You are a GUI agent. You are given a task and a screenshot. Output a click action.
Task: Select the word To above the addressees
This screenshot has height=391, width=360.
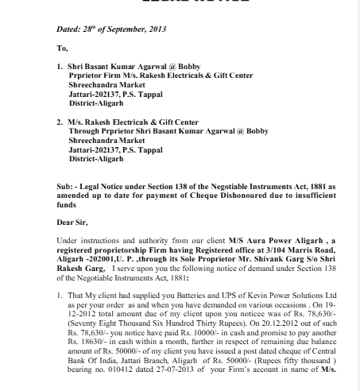(x=62, y=47)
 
